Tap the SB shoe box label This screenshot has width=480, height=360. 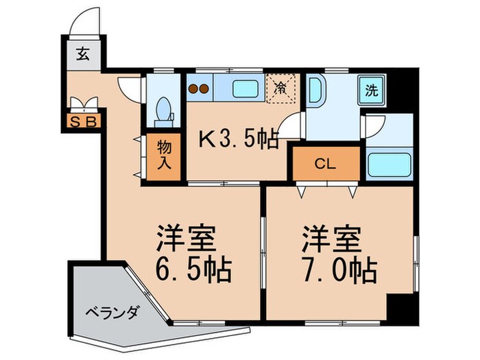tap(86, 123)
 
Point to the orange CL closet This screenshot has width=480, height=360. tap(326, 163)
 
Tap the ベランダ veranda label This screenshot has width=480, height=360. tap(112, 312)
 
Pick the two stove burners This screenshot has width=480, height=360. tap(198, 88)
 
